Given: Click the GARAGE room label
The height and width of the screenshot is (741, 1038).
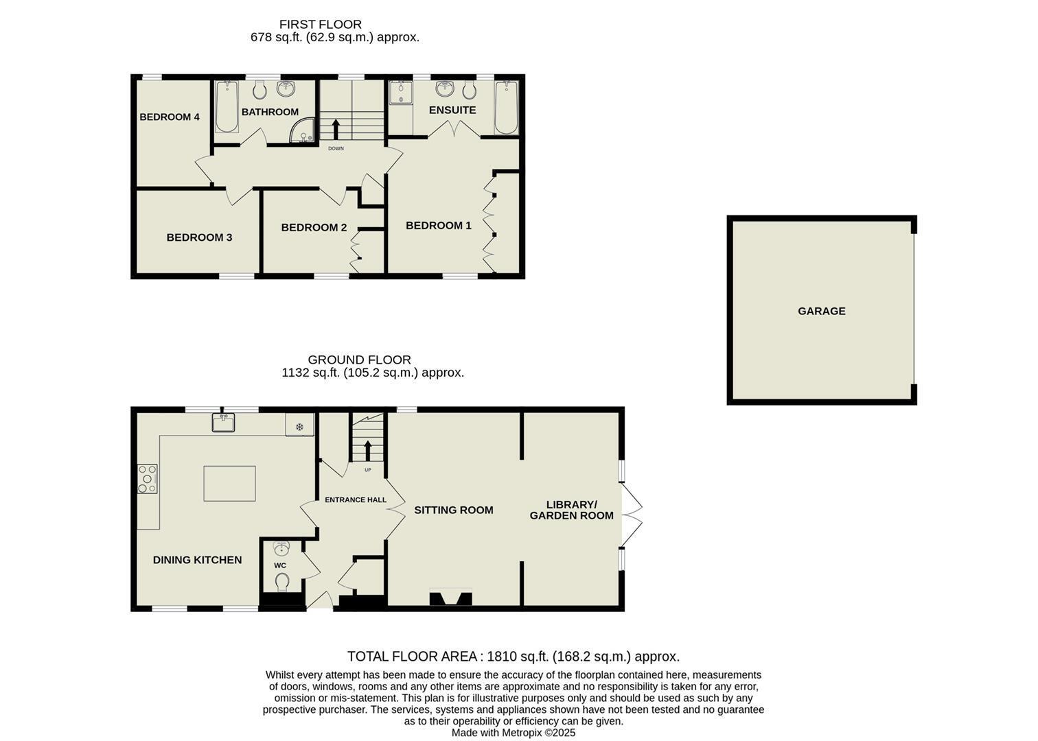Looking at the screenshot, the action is (x=821, y=311).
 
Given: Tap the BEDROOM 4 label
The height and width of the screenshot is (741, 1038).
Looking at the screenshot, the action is (x=170, y=117).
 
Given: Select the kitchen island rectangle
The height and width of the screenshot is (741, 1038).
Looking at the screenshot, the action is (x=229, y=484).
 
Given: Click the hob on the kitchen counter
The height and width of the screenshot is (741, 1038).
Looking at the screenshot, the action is (x=148, y=479).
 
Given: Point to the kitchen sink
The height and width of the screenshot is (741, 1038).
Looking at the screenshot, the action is (x=223, y=423).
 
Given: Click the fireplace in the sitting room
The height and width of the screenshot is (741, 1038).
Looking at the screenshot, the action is (x=451, y=597).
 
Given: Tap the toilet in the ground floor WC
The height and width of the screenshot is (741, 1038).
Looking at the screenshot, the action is (x=281, y=581).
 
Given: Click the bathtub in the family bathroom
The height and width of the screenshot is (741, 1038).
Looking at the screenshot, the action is (x=227, y=107).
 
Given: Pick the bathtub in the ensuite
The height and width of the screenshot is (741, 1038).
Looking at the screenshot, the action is (x=506, y=108).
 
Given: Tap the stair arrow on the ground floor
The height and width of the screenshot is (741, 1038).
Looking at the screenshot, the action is (x=368, y=451).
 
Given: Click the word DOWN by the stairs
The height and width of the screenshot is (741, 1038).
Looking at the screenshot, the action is (x=336, y=149).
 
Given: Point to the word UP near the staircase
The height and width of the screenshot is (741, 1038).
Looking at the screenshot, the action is (x=368, y=470).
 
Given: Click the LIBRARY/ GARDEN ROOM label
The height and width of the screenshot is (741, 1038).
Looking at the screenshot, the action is (x=571, y=510).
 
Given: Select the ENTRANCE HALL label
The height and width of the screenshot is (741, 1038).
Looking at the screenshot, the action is (x=356, y=500).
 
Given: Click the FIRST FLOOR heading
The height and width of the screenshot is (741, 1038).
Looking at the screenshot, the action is (x=320, y=24).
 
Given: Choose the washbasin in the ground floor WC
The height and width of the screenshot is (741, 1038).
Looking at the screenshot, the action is (x=281, y=549).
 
